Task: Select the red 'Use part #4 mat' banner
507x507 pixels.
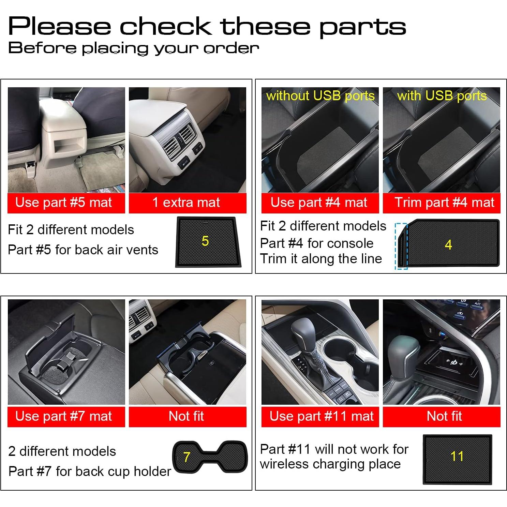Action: point(320,203)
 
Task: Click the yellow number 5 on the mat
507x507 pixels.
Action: point(205,241)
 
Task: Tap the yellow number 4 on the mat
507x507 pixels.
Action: point(448,245)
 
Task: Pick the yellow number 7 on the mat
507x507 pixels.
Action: point(187,457)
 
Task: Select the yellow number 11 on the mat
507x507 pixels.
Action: point(457,456)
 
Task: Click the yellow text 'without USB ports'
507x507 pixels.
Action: point(320,96)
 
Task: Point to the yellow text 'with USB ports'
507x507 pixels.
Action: point(442,96)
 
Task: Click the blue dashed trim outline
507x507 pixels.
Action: point(401,246)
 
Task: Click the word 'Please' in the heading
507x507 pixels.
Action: point(60,27)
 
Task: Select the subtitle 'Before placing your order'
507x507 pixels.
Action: point(133,48)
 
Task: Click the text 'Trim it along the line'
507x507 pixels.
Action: point(321,259)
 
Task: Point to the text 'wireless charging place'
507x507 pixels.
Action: point(330,464)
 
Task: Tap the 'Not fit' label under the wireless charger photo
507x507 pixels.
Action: point(444,416)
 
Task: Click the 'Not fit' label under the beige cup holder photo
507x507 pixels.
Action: point(186,416)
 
